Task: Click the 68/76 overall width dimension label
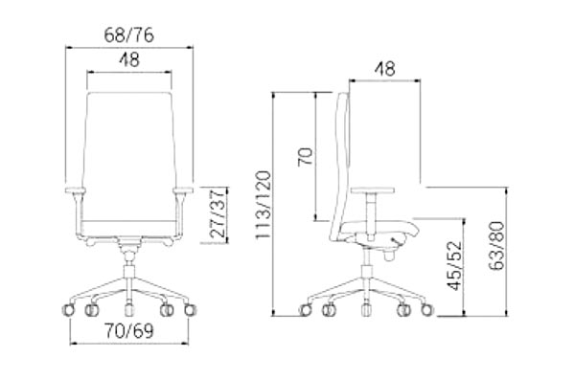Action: [x=129, y=35]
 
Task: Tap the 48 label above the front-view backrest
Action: [x=129, y=60]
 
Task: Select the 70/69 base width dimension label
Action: [x=129, y=331]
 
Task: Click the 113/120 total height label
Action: [x=264, y=205]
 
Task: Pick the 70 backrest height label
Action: [x=305, y=157]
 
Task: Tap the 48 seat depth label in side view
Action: [x=384, y=69]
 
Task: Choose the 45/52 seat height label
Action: [x=455, y=265]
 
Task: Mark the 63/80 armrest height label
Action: [x=497, y=245]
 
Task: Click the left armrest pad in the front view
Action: [x=76, y=190]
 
